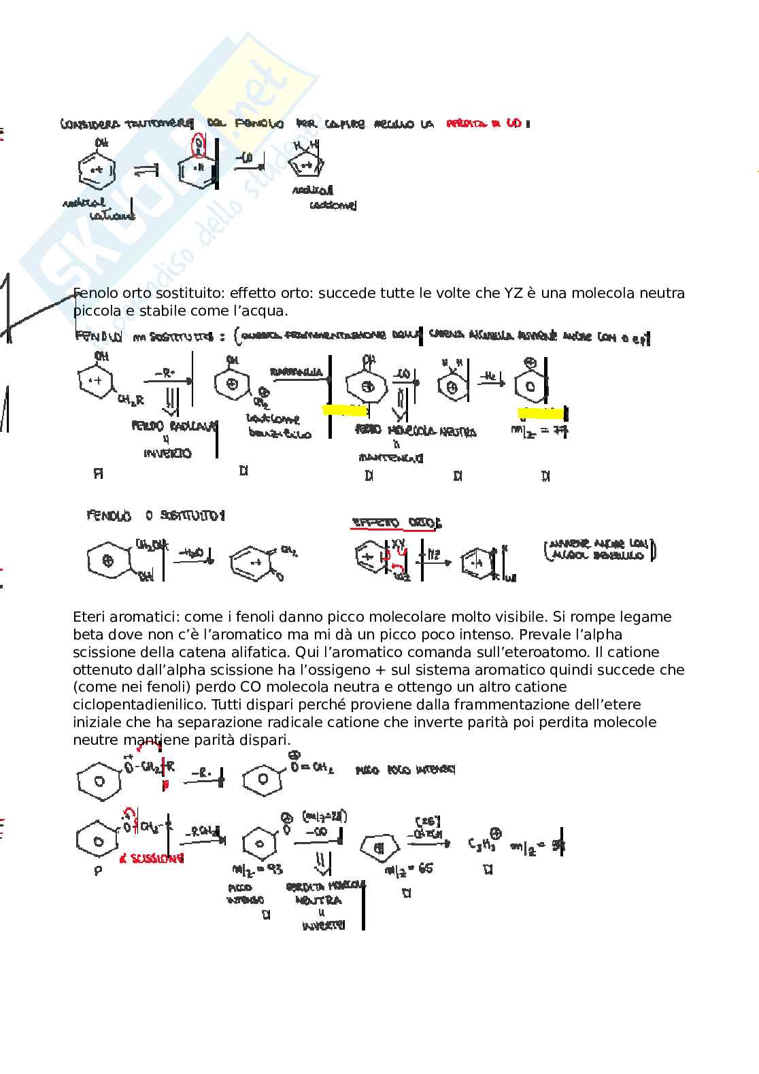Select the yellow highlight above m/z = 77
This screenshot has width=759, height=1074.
[x=541, y=412]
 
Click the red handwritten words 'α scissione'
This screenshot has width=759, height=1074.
[x=152, y=858]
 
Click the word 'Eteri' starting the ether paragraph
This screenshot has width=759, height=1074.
[x=92, y=617]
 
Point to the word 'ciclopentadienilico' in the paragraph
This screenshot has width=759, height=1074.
[x=136, y=705]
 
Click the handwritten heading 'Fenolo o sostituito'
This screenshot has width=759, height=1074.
[x=156, y=516]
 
